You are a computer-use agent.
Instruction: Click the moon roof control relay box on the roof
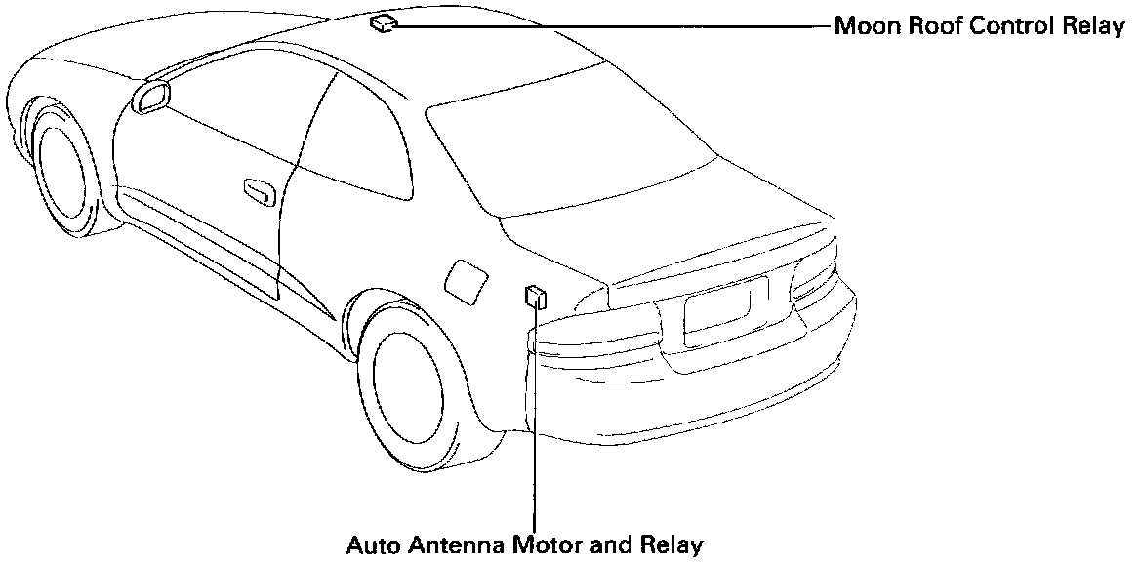[382, 23]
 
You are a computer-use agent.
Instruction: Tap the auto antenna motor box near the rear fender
[535, 297]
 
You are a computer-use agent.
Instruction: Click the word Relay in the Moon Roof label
[1095, 26]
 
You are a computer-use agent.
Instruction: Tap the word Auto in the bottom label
[370, 544]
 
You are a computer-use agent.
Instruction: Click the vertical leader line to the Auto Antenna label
[535, 420]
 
